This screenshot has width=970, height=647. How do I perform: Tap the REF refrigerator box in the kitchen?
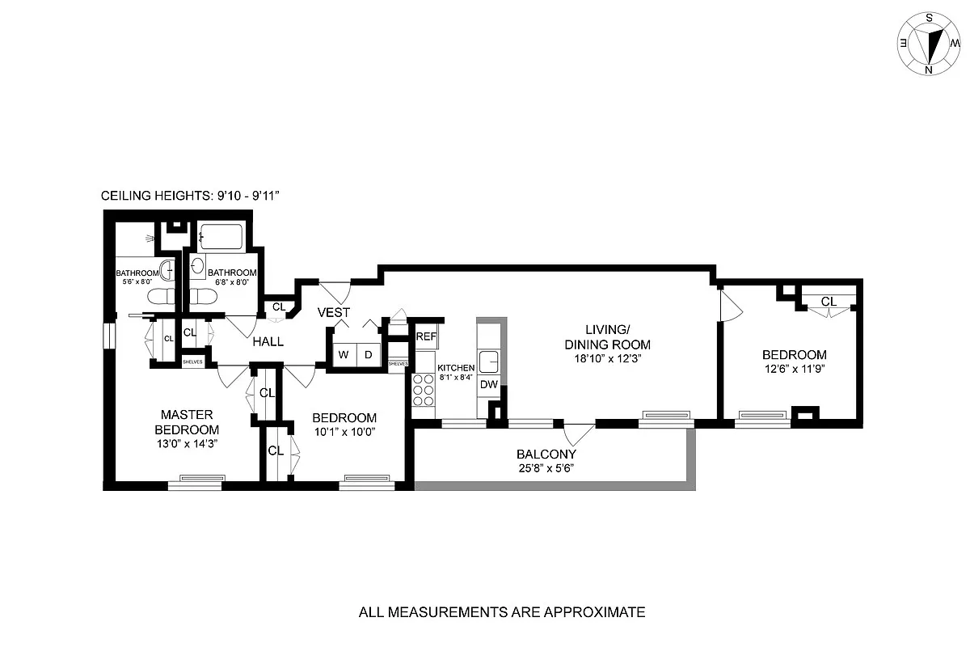(x=425, y=336)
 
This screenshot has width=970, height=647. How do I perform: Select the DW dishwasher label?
(x=489, y=385)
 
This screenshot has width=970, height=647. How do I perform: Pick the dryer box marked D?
(x=369, y=354)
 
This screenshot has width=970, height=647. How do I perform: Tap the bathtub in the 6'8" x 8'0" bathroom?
(x=221, y=237)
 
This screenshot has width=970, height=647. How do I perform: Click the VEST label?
(x=333, y=312)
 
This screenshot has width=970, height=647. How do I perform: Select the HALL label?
(x=268, y=342)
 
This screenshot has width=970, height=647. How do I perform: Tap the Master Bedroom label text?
(x=187, y=422)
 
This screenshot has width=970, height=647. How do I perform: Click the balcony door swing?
(x=578, y=434)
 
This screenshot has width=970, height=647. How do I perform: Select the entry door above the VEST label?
(x=335, y=289)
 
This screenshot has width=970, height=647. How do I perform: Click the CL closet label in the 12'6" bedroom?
(x=828, y=302)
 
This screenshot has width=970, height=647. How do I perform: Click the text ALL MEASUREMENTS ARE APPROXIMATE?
(x=501, y=612)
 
